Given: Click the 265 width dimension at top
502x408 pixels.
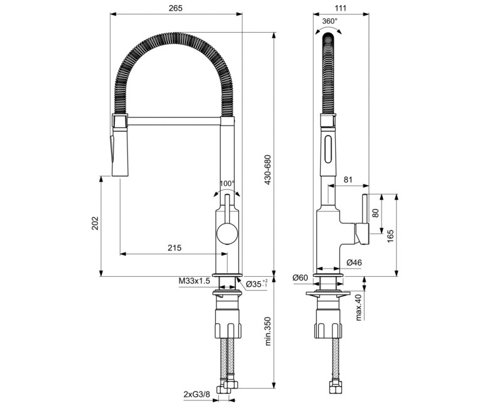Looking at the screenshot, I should pos(176,8).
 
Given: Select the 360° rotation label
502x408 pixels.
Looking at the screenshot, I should pos(329,21).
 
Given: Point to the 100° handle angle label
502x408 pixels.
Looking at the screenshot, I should pos(227,184).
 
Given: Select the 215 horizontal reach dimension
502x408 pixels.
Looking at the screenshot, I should pos(174,248).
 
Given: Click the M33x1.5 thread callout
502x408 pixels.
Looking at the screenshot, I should pos(194,281).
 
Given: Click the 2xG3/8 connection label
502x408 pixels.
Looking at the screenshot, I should pos(197,394).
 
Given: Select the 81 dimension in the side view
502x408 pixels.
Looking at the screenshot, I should pos(348,180).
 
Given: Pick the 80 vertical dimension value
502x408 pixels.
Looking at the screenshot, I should pos(376,213).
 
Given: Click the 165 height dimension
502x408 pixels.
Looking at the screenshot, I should pos(390,235).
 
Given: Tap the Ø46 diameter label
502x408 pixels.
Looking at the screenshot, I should pos(353,262).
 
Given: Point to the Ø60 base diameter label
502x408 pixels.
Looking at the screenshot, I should pos(300,277).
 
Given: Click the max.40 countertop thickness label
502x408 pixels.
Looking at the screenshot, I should pos(358,306).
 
